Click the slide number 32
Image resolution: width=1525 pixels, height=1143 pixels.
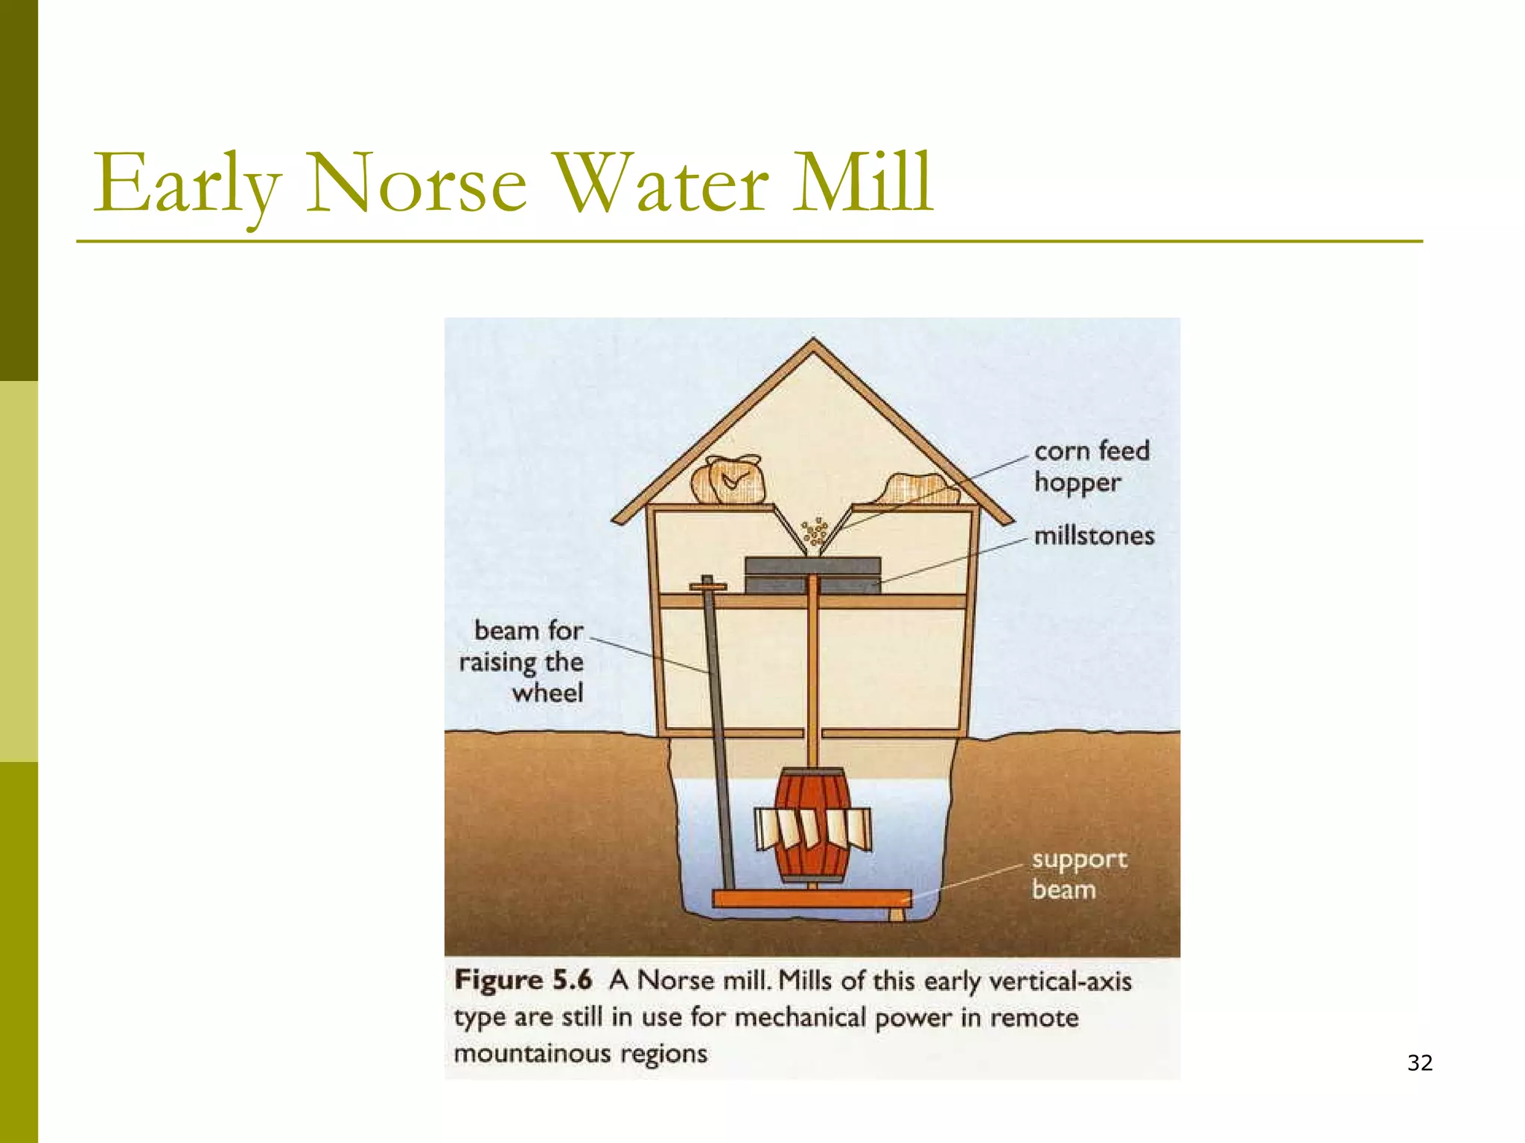tap(1420, 1063)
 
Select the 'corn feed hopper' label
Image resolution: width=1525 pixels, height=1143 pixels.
tap(1091, 467)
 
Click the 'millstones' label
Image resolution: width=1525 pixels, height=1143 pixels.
tap(1094, 537)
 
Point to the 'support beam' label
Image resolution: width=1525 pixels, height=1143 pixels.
tap(1078, 874)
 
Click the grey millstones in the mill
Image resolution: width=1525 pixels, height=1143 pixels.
tap(812, 575)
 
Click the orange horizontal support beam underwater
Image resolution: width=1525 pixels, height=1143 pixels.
tap(812, 898)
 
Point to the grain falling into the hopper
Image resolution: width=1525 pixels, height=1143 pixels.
tap(815, 531)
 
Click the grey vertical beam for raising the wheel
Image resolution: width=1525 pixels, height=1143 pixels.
tap(719, 737)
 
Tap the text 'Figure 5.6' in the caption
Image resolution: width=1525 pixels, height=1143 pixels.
tap(523, 980)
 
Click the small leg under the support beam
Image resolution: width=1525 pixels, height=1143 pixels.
tap(898, 914)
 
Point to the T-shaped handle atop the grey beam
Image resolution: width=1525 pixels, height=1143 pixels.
tap(707, 586)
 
